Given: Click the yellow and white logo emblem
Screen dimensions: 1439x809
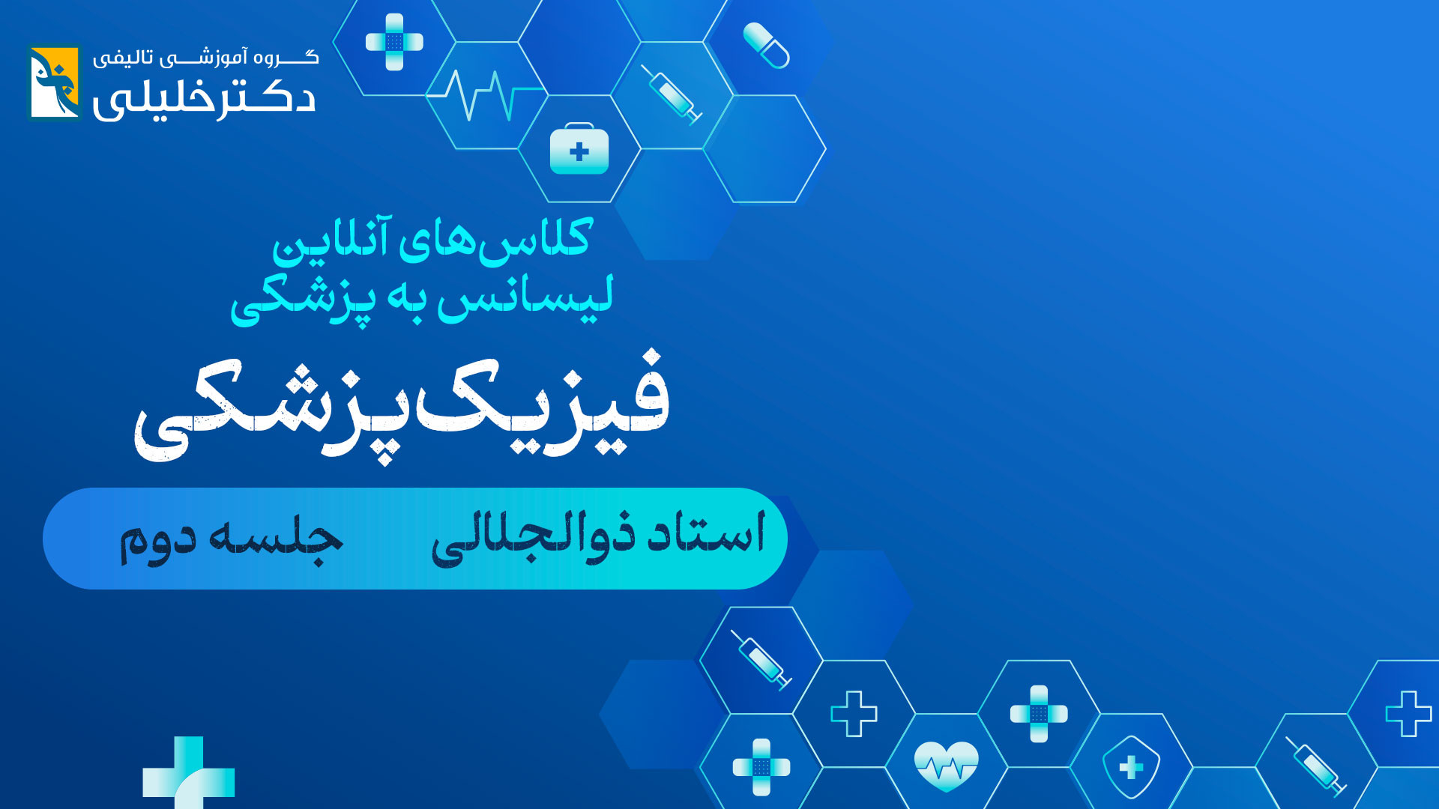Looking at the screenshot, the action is click(54, 82).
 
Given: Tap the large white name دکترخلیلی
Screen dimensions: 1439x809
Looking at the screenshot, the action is click(204, 99).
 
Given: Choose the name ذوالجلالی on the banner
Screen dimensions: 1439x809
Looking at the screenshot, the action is click(533, 538).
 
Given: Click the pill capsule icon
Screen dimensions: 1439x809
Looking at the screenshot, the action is click(766, 45).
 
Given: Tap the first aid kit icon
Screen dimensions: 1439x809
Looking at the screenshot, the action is click(579, 148).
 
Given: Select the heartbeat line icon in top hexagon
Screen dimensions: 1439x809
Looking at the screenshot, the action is click(486, 95).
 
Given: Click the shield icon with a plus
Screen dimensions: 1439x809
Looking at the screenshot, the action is click(1131, 767).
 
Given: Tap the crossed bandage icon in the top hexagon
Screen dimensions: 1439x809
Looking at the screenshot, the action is click(394, 42).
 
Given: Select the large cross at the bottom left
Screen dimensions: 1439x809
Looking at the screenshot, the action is click(188, 773).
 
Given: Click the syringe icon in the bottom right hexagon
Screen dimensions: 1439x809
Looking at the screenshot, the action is click(1316, 766).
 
